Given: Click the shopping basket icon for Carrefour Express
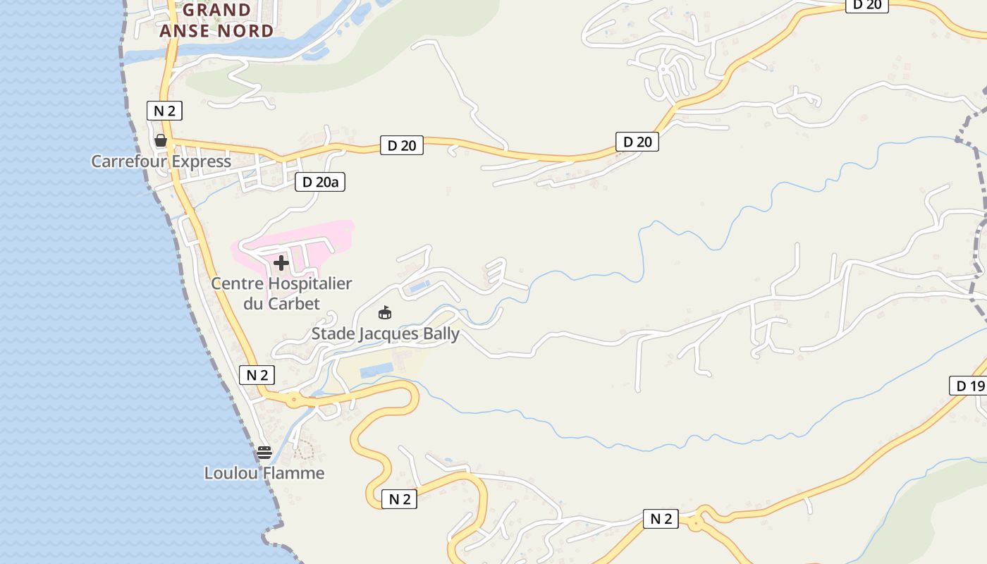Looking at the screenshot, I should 161,140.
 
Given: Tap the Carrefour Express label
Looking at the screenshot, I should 161,161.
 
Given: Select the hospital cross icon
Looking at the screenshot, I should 281,263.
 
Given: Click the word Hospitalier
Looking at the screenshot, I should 312,283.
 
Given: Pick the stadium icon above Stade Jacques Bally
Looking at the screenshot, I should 385,312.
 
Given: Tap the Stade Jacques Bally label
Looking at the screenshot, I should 386,334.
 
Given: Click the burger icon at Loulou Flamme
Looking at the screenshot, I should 264,453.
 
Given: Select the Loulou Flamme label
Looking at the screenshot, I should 264,473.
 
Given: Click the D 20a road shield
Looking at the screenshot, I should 320,182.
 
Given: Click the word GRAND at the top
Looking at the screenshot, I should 217,10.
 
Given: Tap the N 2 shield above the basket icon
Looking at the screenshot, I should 164,111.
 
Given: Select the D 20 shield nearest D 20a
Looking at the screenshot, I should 402,145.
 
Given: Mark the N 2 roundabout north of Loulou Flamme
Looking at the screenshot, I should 293,400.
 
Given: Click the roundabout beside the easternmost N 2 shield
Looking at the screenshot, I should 697,522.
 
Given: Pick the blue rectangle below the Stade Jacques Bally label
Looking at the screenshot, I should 376,371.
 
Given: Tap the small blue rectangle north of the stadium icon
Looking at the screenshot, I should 419,286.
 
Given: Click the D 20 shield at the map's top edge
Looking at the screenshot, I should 866,5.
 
